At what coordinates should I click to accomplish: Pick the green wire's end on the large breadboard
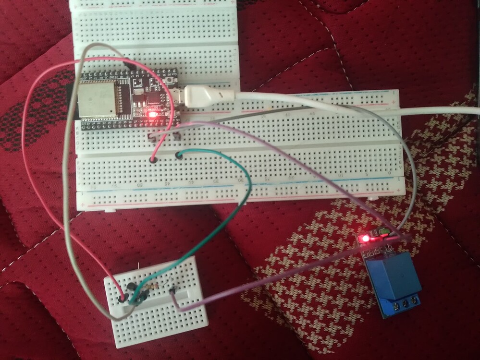(179, 155)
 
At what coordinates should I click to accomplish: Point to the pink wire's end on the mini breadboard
(124, 299)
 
